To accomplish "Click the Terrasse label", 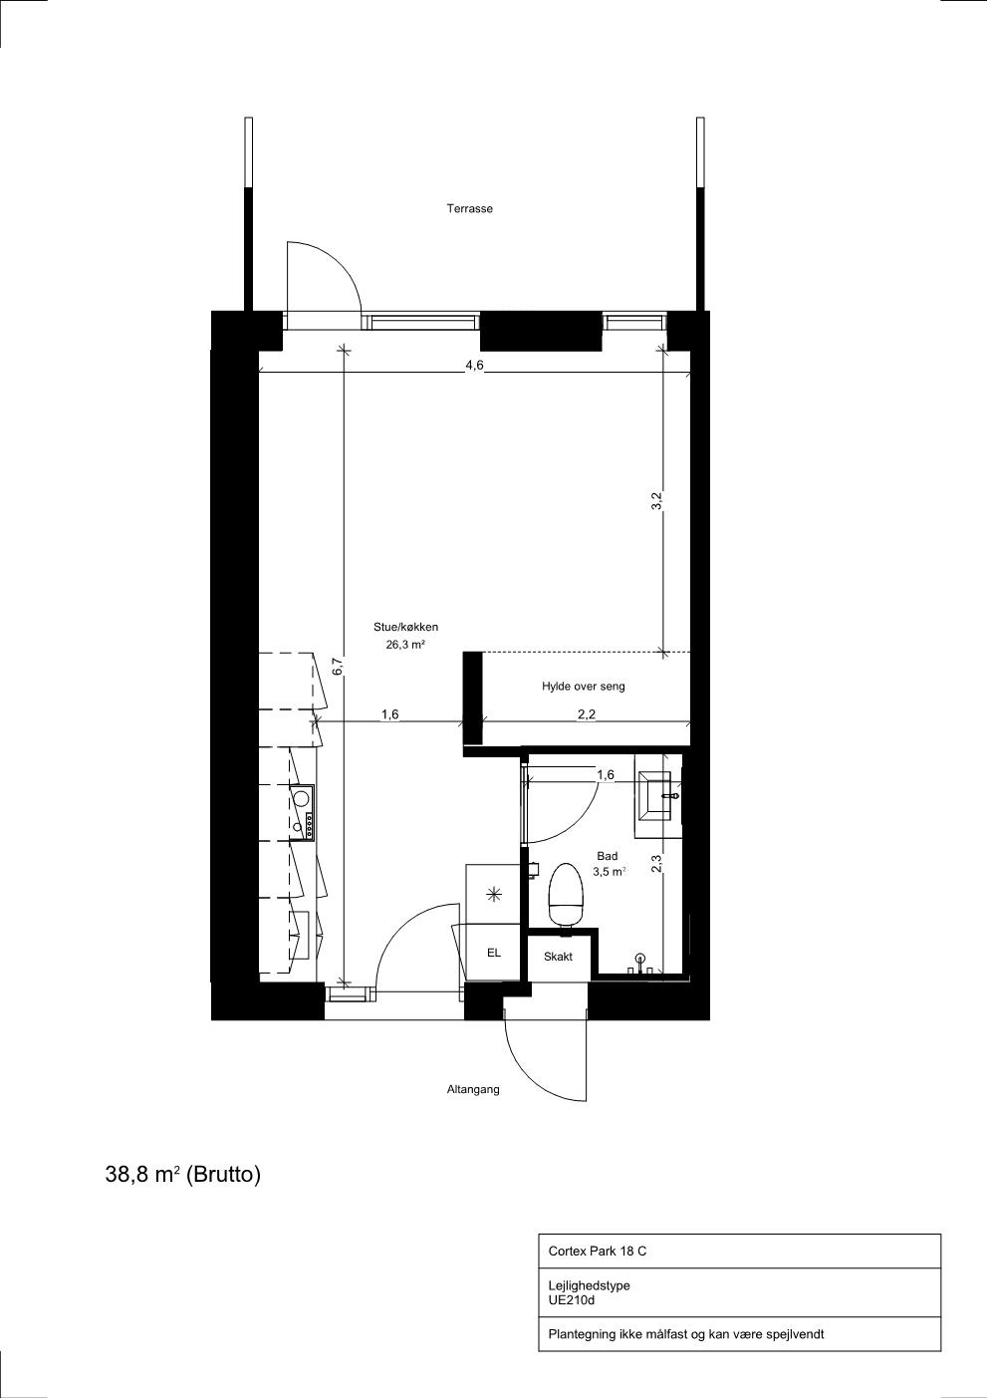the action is (469, 208).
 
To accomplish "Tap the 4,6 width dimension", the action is (474, 366).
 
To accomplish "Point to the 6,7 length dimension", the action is (338, 667).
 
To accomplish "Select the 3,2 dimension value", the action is (655, 501).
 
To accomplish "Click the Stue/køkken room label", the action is (405, 627).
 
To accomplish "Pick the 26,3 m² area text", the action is (405, 645).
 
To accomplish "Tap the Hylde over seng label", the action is (583, 687).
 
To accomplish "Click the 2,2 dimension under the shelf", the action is (587, 714).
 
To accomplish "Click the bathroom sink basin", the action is (655, 795).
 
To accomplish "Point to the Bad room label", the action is (608, 856).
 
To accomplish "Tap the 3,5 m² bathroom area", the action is (610, 872).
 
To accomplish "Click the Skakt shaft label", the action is (558, 957).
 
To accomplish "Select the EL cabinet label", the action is (494, 953).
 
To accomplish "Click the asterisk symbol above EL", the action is (494, 895).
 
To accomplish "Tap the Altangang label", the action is (473, 1090).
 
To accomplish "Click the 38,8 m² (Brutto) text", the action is (183, 1175).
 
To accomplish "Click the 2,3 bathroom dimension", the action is (655, 863).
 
